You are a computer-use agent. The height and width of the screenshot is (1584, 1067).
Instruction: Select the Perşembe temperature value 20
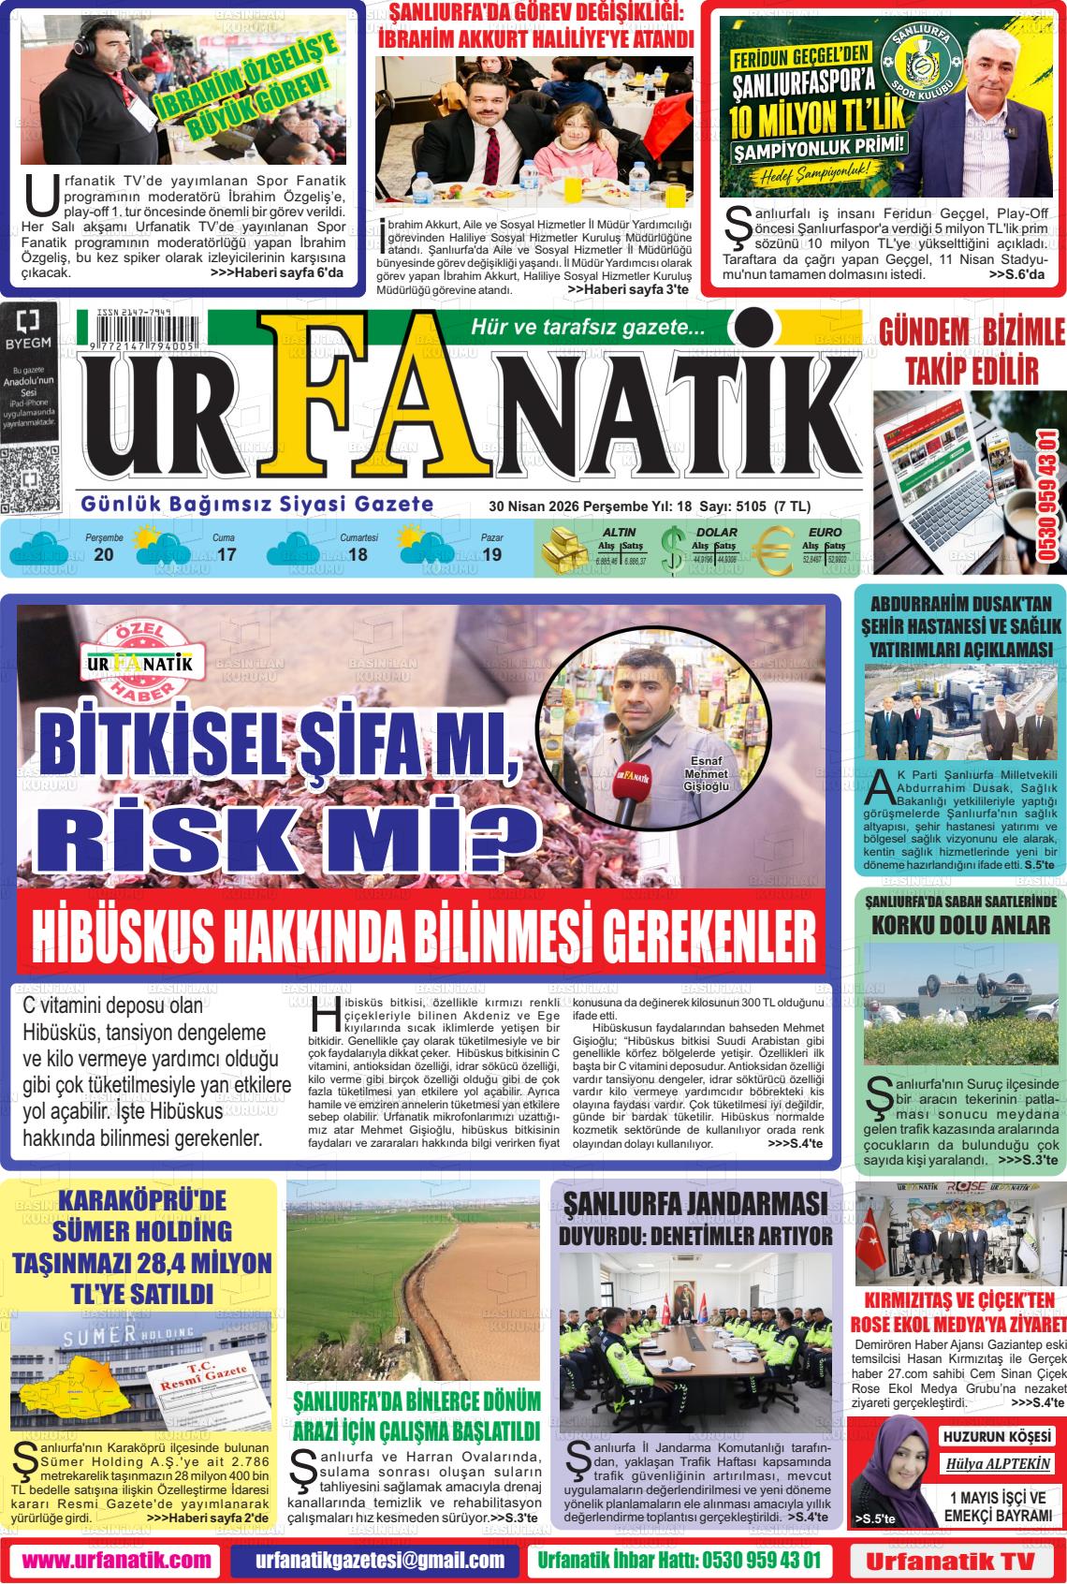[104, 555]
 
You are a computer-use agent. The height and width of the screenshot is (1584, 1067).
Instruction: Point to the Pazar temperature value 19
[491, 555]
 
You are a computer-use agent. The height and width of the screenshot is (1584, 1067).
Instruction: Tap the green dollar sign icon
[671, 550]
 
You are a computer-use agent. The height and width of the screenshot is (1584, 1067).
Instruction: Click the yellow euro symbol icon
[774, 550]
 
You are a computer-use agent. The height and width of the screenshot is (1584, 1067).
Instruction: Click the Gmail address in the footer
[380, 1561]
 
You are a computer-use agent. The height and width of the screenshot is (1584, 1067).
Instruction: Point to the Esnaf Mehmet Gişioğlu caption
[706, 773]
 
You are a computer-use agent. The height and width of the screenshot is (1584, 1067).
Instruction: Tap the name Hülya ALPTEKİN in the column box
[998, 1464]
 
